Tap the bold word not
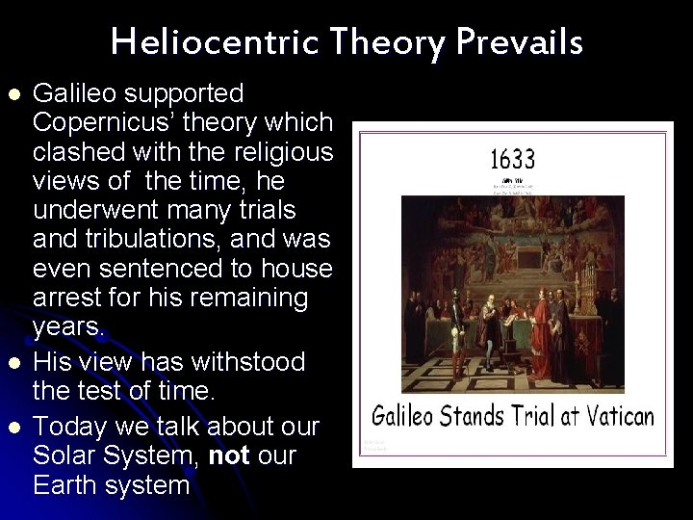point(228,455)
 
